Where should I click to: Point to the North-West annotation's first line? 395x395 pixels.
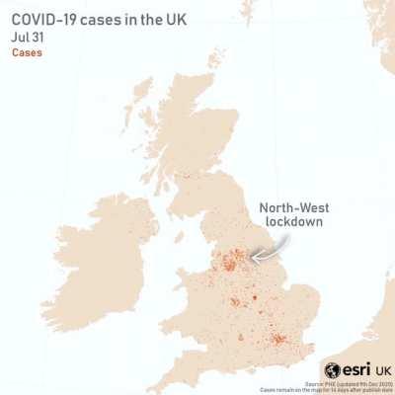pos(294,208)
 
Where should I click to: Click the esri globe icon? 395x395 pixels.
pos(333,369)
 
